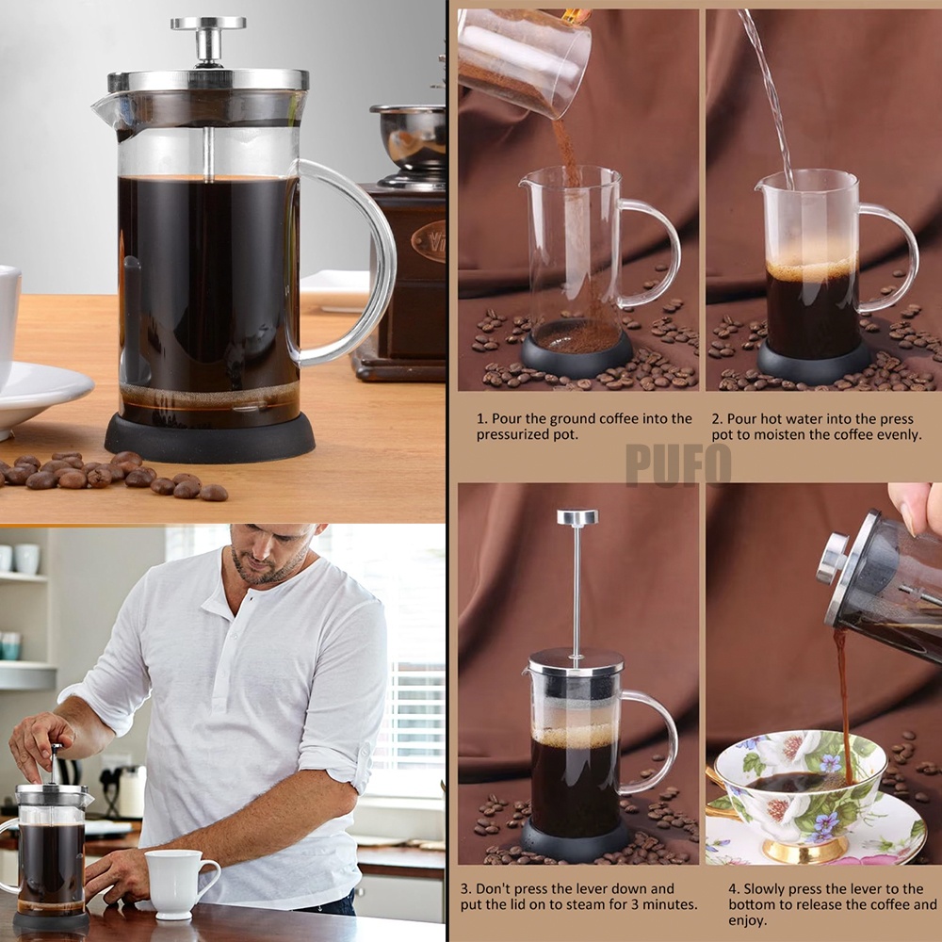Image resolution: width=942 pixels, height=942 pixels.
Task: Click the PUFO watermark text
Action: click(678, 464)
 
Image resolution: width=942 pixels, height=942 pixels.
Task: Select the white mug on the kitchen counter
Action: click(179, 884)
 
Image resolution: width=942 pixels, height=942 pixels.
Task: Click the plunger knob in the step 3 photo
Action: click(577, 517)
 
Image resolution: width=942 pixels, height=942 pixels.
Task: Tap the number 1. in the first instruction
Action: click(482, 418)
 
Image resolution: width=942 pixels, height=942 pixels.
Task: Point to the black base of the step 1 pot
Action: click(577, 354)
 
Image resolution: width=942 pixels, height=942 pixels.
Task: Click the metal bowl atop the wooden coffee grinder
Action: click(409, 135)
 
